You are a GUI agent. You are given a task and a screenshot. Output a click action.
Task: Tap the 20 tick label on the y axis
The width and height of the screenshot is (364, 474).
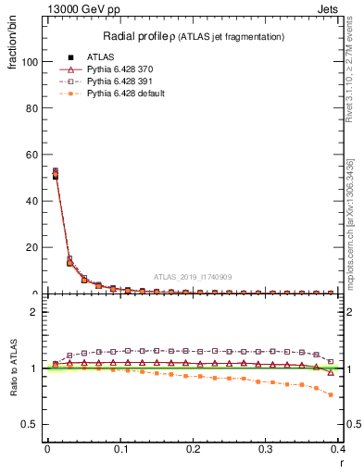point(31,247)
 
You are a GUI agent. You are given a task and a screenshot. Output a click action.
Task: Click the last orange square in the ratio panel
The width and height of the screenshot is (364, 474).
point(331,394)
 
